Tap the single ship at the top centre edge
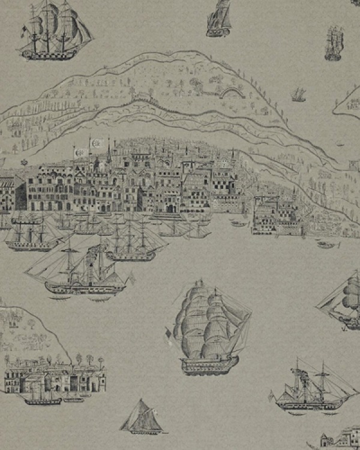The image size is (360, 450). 219,18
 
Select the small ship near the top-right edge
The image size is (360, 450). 334,43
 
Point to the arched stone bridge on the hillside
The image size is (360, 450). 232,92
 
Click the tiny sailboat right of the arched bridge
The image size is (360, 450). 298,94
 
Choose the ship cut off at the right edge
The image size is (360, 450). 342,300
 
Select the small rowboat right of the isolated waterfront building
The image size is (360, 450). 326,245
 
